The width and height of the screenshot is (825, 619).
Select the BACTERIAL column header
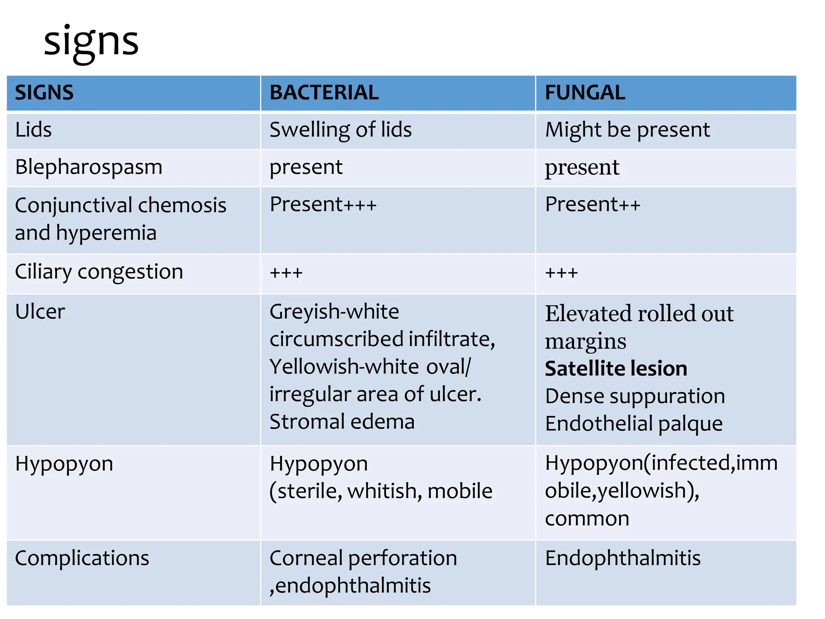[x=324, y=93]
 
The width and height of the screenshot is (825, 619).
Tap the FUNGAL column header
[x=585, y=93]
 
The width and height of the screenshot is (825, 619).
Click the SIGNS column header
[x=44, y=93]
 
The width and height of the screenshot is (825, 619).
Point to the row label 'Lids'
[x=33, y=130]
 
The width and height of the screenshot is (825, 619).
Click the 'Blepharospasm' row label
[x=89, y=167]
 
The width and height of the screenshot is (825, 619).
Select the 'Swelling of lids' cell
[x=340, y=130]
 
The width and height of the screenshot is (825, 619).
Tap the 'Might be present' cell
[x=627, y=130]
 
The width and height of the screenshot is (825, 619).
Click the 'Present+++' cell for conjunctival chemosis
[x=323, y=204]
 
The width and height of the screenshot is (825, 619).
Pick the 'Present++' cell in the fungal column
[x=592, y=204]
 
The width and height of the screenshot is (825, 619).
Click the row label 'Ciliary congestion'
[x=99, y=272]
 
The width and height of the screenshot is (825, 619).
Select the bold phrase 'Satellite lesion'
[x=616, y=369]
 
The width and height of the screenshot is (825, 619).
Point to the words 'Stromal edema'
[x=342, y=422]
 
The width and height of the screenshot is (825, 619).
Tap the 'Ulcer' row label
[x=40, y=312]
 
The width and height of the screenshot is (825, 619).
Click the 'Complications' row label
[x=82, y=559]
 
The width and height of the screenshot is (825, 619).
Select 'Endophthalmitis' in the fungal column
[x=623, y=559]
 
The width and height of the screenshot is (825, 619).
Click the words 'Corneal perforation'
[x=363, y=559]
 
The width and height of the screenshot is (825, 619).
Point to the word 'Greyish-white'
[x=334, y=312]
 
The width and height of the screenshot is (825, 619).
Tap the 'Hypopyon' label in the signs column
[x=64, y=464]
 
